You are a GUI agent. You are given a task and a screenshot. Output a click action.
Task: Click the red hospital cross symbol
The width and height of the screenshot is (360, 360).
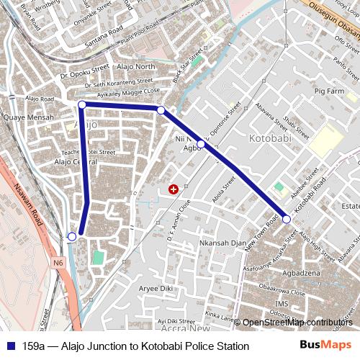[173, 189]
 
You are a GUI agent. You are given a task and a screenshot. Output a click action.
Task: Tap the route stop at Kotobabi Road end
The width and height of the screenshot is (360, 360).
[286, 219]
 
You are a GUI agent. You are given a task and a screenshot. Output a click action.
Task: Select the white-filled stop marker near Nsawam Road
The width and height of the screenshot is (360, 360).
[72, 236]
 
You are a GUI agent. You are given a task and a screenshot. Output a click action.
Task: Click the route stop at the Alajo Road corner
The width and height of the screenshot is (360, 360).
[81, 105]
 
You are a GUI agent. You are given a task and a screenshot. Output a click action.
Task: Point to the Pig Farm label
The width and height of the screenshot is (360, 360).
[330, 91]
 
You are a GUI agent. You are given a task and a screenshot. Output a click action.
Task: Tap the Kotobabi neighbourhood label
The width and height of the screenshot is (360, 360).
[269, 138]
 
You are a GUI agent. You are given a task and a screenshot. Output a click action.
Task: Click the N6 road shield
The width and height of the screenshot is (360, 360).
[58, 264]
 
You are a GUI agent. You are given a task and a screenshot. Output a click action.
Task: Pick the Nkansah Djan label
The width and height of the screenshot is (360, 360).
[223, 243]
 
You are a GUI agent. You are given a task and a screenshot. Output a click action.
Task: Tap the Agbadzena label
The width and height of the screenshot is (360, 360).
[302, 274]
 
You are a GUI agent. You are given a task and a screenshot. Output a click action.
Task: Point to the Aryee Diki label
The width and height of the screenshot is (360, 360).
[156, 288]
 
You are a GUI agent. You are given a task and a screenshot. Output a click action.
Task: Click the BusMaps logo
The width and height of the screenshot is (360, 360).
[326, 346]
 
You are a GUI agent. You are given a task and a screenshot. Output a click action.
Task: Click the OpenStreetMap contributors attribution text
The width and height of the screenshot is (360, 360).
[297, 322]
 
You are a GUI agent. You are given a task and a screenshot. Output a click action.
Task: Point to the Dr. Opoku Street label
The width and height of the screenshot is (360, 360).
[84, 74]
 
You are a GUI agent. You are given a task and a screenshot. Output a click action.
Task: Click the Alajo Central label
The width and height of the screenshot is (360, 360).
[76, 162]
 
